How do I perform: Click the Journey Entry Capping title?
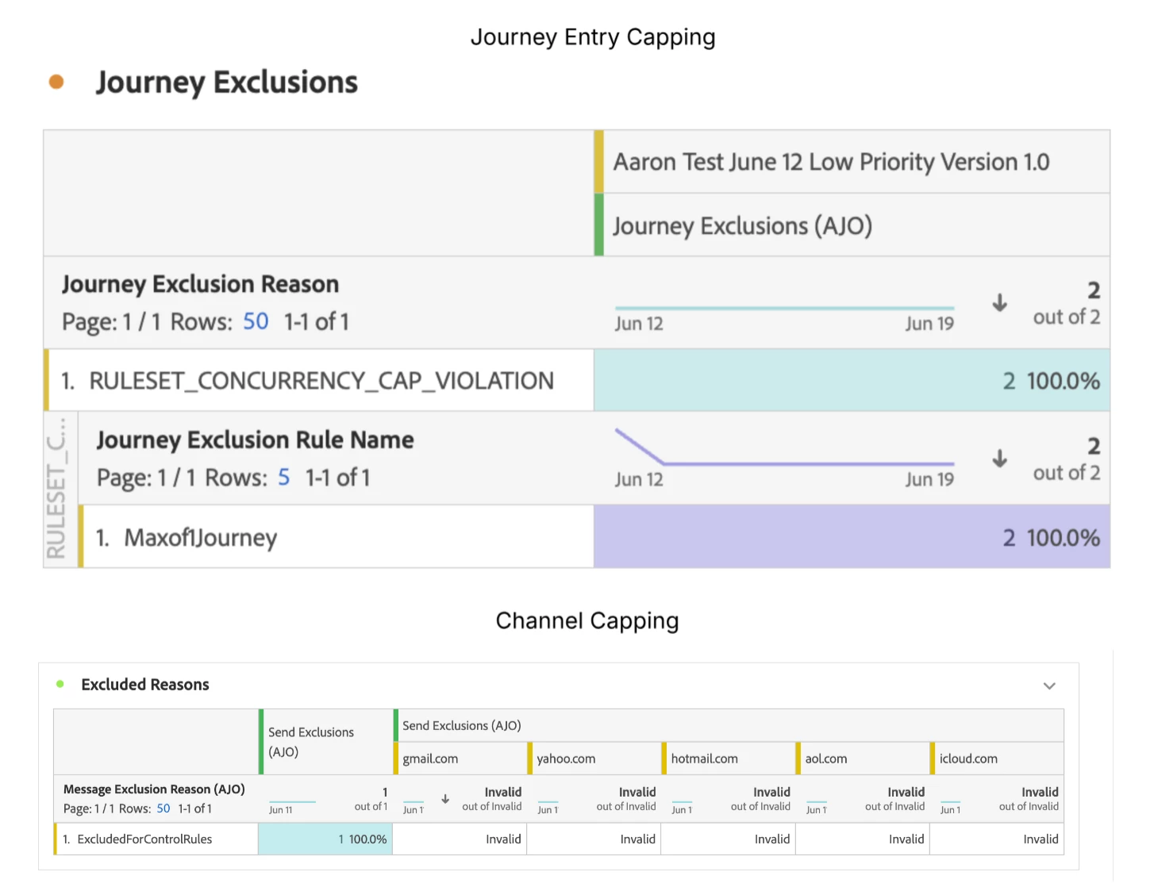[x=592, y=37]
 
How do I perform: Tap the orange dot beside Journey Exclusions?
[x=56, y=82]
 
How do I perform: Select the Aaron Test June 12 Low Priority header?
[x=830, y=162]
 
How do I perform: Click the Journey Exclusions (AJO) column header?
[x=742, y=226]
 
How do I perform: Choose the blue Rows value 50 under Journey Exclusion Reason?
[x=256, y=321]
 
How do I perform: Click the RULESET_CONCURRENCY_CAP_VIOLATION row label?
[x=321, y=381]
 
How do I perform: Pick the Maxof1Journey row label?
[x=200, y=538]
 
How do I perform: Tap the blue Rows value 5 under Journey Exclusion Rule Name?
[x=283, y=478]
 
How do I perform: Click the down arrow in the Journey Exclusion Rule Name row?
[x=999, y=459]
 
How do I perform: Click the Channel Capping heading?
[x=587, y=620]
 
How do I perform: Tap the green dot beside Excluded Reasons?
[x=60, y=684]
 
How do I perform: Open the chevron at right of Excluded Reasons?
[x=1049, y=686]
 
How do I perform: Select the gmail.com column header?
[x=430, y=759]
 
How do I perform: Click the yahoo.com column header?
[x=566, y=759]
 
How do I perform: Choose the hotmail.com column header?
[x=704, y=759]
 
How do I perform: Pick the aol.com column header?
[x=825, y=759]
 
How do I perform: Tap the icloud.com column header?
[x=968, y=759]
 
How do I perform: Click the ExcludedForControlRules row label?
[x=144, y=839]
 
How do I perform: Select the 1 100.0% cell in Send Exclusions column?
[x=362, y=839]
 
